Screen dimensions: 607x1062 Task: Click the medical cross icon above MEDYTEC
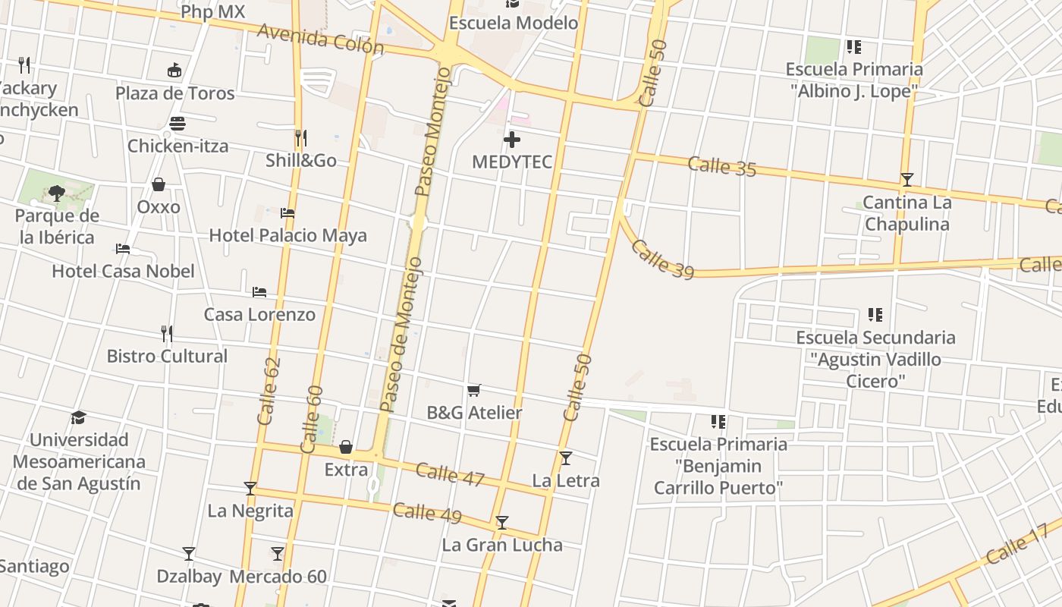[512, 140]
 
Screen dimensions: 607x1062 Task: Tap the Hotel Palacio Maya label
[287, 235]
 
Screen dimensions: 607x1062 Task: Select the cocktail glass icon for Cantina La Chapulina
[906, 180]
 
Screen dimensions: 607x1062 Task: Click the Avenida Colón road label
[320, 39]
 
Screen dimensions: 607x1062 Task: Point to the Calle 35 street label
[722, 166]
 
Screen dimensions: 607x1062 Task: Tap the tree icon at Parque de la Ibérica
[57, 193]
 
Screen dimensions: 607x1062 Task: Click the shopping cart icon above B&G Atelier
[474, 391]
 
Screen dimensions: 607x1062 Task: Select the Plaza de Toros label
[174, 93]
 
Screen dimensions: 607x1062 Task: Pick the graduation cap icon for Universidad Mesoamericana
[78, 417]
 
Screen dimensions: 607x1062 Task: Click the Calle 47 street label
[450, 474]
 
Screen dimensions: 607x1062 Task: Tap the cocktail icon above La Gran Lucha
[501, 523]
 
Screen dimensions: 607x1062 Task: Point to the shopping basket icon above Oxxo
[159, 184]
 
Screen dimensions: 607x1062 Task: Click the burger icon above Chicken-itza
[178, 123]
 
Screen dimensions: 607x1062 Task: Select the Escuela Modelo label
[514, 23]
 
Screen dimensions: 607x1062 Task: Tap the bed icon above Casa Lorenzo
[259, 292]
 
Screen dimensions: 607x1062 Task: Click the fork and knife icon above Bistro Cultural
[167, 333]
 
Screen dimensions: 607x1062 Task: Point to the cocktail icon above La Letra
[565, 458]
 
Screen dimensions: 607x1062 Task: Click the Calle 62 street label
[269, 391]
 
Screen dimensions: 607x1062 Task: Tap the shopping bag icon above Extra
[346, 447]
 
